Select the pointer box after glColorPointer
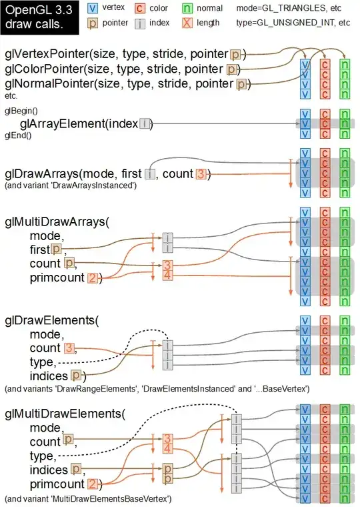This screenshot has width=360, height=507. pyautogui.click(x=231, y=69)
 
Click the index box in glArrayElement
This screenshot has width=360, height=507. pyautogui.click(x=145, y=123)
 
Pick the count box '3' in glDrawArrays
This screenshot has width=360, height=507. pyautogui.click(x=201, y=174)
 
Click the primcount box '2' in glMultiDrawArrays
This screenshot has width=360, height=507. pyautogui.click(x=92, y=278)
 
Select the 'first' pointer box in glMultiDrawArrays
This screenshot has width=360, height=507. pyautogui.click(x=57, y=249)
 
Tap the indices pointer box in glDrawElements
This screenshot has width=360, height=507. pyautogui.click(x=76, y=376)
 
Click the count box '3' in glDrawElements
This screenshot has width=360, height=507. pyautogui.click(x=69, y=348)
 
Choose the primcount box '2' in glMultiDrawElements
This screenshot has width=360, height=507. pyautogui.click(x=92, y=484)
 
